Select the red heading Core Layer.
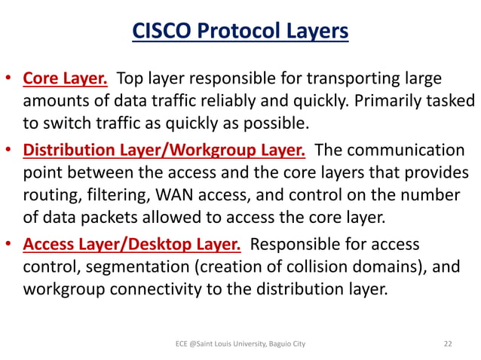(67, 78)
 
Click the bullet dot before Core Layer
(8, 79)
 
